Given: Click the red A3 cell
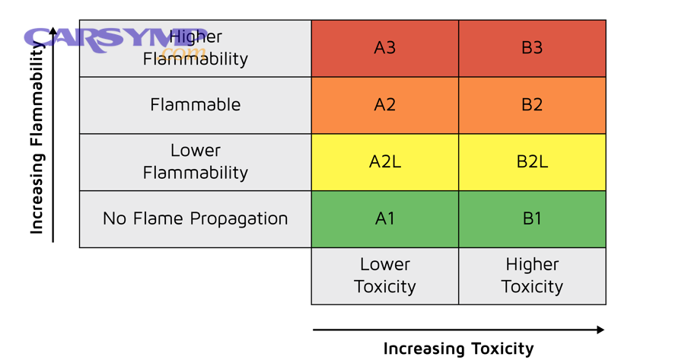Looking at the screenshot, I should click(384, 48).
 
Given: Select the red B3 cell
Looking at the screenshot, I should click(532, 48).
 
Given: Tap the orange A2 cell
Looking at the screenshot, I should click(384, 105).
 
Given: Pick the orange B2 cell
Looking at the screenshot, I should click(532, 105).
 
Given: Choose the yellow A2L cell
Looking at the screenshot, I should click(384, 161).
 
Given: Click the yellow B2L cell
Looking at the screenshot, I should click(532, 161).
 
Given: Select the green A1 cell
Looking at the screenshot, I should click(384, 218).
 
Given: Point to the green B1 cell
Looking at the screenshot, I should click(532, 218).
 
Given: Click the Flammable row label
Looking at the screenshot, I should click(196, 105).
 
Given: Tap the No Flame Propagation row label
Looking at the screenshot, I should click(196, 218).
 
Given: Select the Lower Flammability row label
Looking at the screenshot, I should click(196, 161).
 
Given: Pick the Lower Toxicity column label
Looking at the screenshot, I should click(384, 276).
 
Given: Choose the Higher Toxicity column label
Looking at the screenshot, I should click(532, 276).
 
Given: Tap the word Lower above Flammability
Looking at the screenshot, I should click(196, 151).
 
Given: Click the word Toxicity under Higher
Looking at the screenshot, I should click(532, 287).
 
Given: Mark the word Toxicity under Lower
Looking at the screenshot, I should click(384, 287).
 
